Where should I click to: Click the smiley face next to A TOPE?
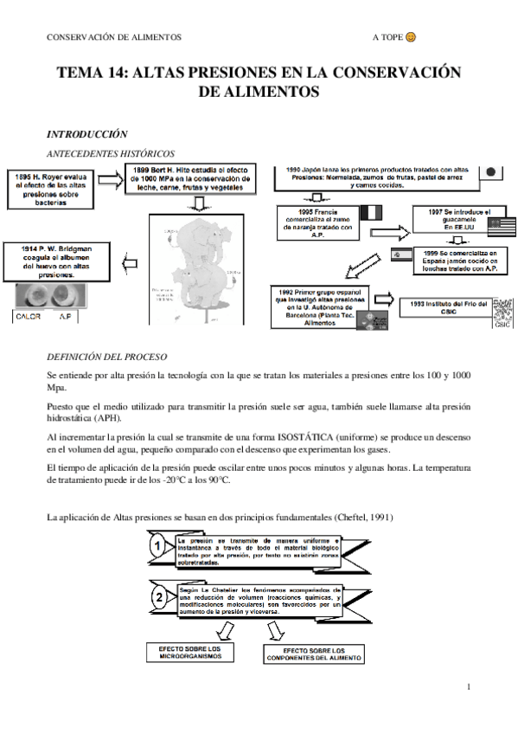[x=411, y=37]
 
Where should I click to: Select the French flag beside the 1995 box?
[x=370, y=213]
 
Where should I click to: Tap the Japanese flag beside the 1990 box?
[x=490, y=172]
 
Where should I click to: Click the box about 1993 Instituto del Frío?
[x=443, y=306]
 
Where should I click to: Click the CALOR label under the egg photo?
[x=29, y=317]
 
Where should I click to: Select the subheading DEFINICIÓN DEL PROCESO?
[x=106, y=357]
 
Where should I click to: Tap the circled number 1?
[x=157, y=546]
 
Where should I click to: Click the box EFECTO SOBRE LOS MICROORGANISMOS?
[x=190, y=652]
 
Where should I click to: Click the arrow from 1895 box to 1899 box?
[x=111, y=180]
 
